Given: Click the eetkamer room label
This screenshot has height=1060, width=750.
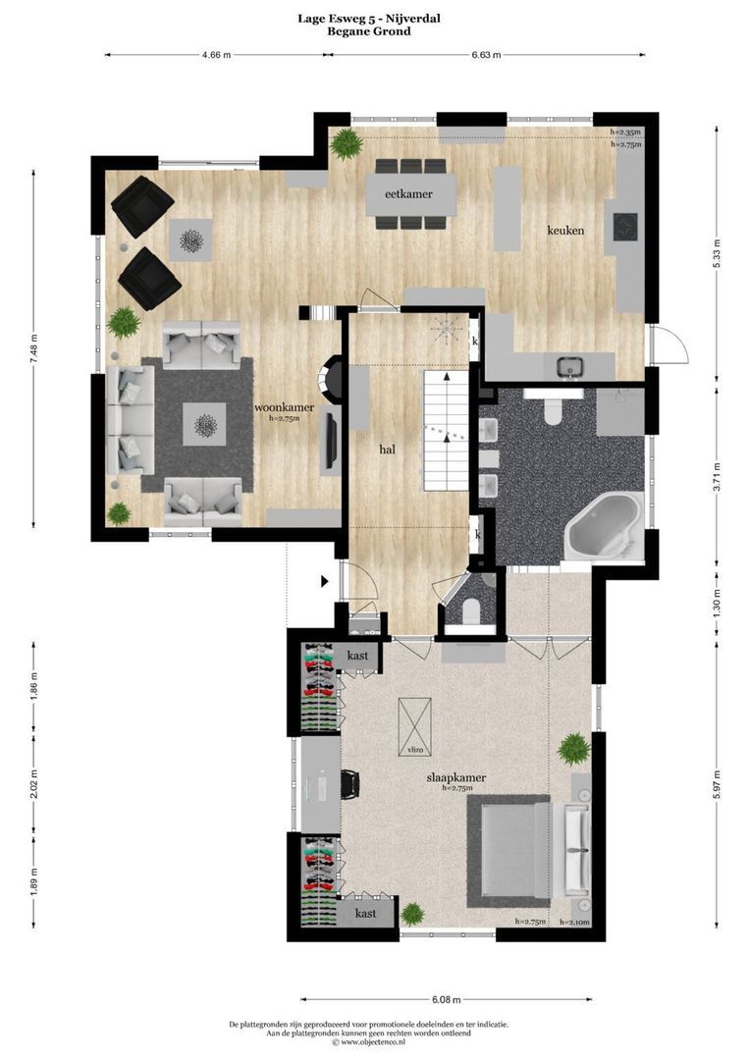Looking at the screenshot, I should click(x=409, y=194).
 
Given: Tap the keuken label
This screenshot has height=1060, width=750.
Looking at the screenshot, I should click(x=566, y=231).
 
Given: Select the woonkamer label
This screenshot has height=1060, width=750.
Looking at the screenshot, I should click(x=284, y=406).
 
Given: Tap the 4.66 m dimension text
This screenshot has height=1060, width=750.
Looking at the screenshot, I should click(x=216, y=55).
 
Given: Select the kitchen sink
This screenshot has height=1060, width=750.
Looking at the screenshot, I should click(x=570, y=368).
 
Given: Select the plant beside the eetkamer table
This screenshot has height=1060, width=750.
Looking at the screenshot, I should click(x=346, y=145).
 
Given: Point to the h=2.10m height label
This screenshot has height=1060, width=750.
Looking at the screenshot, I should click(x=573, y=923).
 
